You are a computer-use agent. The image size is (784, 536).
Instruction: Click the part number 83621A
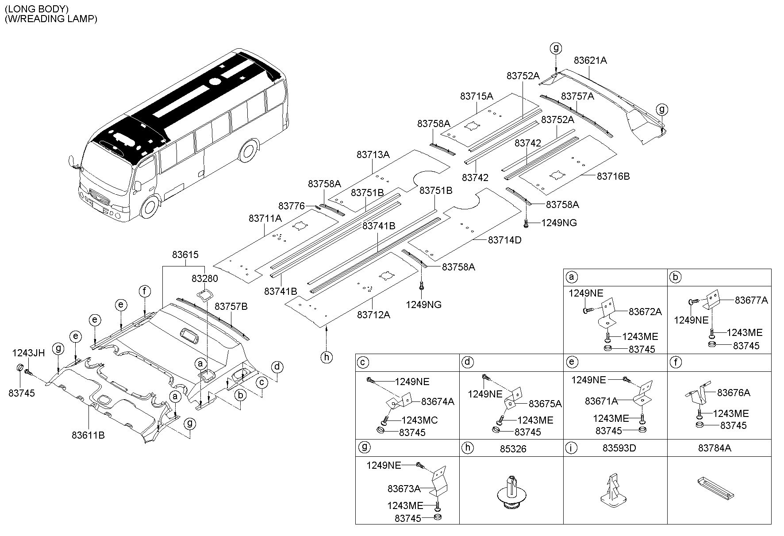click(590, 60)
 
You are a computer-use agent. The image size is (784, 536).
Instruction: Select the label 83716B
click(613, 176)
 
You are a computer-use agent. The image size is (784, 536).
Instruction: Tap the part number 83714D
click(505, 240)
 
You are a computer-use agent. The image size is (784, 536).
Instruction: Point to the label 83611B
click(88, 435)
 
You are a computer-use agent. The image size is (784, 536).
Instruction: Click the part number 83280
click(205, 279)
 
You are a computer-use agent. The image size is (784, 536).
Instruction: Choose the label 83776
click(292, 206)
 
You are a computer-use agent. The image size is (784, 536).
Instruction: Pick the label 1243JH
click(28, 353)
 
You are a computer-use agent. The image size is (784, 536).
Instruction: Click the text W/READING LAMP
click(51, 19)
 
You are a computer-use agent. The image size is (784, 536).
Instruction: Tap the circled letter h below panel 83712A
click(326, 357)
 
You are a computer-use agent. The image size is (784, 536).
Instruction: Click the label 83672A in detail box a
click(645, 312)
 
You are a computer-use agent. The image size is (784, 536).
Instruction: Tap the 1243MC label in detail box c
click(419, 420)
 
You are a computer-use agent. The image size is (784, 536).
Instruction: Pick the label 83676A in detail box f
click(734, 393)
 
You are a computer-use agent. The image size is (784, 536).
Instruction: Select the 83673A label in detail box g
click(404, 489)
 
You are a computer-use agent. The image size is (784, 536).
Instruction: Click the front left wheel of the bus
click(150, 208)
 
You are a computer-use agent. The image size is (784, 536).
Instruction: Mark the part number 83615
click(185, 255)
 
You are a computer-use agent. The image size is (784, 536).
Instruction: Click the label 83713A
click(373, 154)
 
